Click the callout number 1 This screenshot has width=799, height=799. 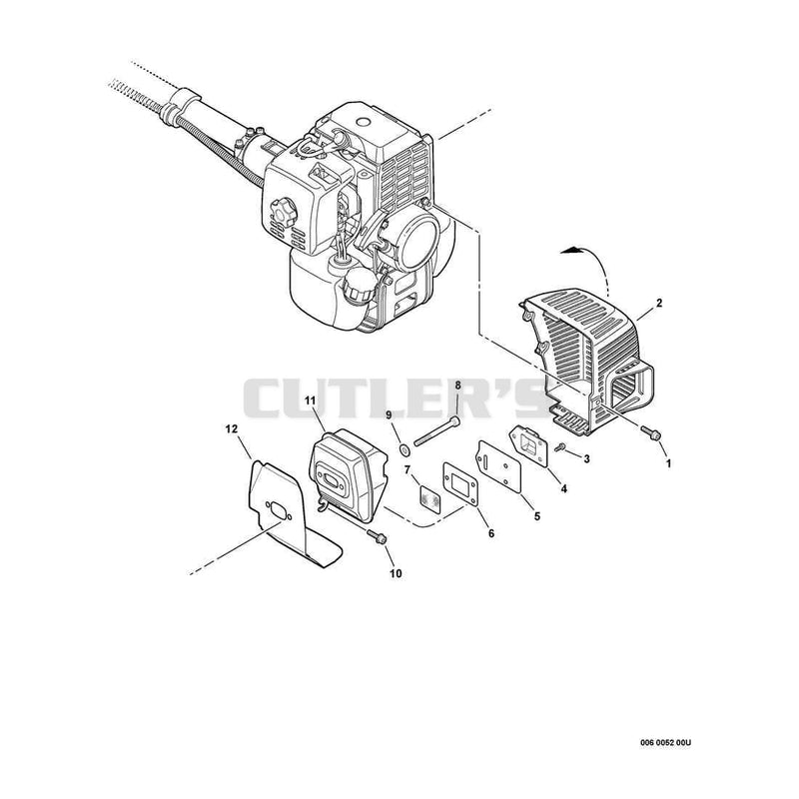[x=668, y=463]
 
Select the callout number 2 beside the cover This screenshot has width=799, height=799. [x=659, y=304]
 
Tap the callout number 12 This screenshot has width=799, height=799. [x=232, y=429]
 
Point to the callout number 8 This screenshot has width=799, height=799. [x=457, y=385]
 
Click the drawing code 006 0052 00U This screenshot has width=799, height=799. [x=665, y=743]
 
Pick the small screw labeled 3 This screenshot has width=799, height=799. [x=561, y=446]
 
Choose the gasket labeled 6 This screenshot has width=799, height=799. [x=460, y=484]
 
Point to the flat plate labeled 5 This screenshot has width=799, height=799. [x=498, y=466]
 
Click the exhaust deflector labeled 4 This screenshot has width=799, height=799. [x=529, y=446]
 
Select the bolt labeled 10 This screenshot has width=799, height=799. [x=377, y=536]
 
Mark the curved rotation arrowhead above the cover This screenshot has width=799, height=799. [x=570, y=249]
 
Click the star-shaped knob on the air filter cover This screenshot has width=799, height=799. [x=283, y=209]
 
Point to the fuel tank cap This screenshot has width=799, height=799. [x=359, y=286]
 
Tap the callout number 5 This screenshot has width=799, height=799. [x=537, y=516]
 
